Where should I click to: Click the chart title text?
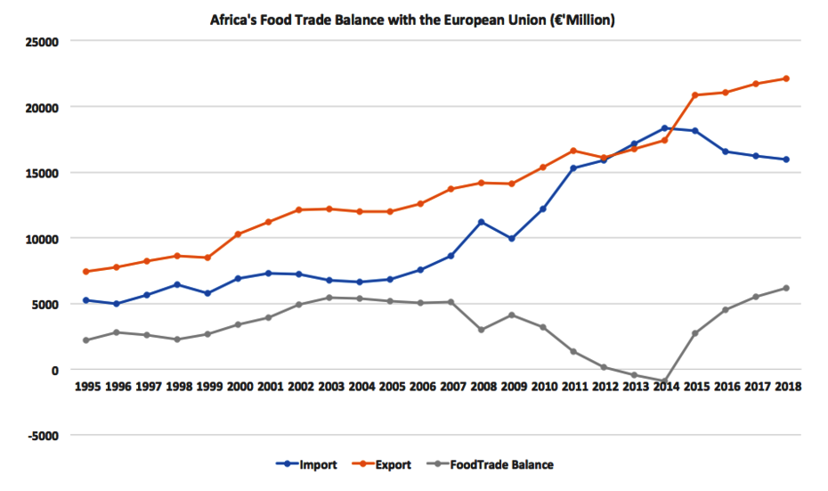[411, 19]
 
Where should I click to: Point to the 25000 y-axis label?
[40, 42]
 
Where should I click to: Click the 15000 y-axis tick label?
[40, 173]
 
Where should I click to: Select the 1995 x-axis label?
[85, 388]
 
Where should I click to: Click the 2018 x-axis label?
[787, 388]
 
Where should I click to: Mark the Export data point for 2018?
[787, 78]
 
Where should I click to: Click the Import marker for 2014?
[665, 128]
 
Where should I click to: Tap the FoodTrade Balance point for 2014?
[665, 381]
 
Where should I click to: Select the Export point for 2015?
[695, 95]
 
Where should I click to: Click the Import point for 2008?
[482, 222]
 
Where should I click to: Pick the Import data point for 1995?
[85, 300]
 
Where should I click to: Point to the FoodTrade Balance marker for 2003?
[329, 298]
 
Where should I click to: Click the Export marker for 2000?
[238, 234]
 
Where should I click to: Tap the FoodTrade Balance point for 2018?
[787, 288]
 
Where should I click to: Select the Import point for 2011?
[573, 168]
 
